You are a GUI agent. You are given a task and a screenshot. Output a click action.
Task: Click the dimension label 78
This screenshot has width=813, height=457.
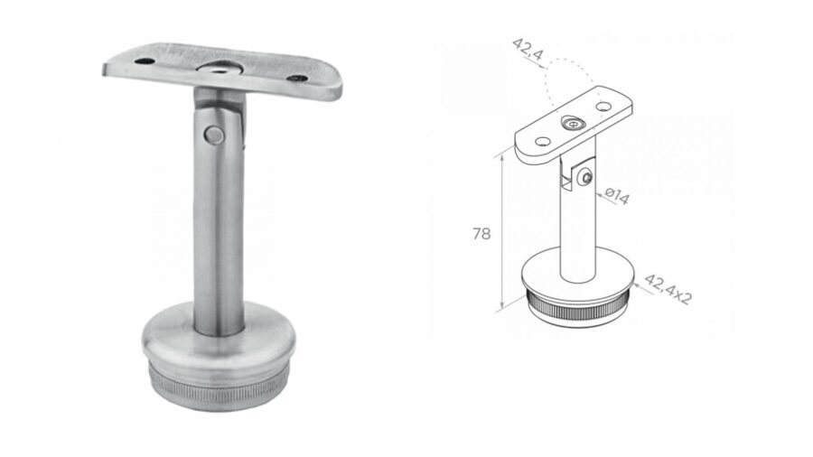[x=481, y=234]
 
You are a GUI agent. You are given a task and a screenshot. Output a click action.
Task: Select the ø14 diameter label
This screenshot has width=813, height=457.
[x=617, y=196]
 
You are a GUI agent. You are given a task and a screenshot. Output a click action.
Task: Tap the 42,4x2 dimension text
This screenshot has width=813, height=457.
[x=668, y=289]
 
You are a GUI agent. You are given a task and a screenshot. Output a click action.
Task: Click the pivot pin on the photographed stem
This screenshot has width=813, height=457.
[x=214, y=135]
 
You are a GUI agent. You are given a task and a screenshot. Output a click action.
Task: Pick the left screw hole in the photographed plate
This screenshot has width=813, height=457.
[x=145, y=61]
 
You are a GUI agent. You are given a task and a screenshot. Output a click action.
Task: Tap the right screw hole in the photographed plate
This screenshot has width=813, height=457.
[x=297, y=79]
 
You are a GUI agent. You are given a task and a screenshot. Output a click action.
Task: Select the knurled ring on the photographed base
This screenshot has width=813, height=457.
[x=219, y=385]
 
